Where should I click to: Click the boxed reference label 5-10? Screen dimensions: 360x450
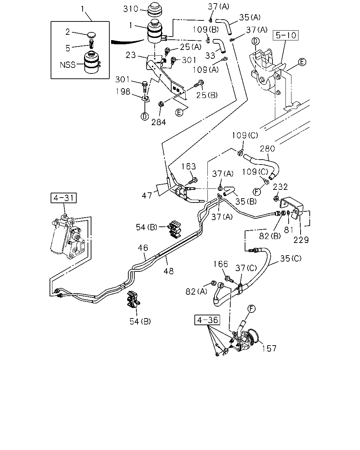(x=285, y=36)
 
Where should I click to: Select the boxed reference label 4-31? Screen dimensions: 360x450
(x=64, y=198)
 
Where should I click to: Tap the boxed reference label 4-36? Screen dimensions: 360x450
(x=207, y=320)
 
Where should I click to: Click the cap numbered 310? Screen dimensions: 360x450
(x=155, y=9)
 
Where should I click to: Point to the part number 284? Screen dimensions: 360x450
(x=159, y=122)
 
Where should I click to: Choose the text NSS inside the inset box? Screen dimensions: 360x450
(x=67, y=65)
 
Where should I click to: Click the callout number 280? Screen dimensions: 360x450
(x=267, y=149)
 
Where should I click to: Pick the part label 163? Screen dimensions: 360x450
(x=188, y=166)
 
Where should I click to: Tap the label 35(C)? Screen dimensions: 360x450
(x=291, y=259)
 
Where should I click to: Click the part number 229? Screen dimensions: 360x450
(x=301, y=240)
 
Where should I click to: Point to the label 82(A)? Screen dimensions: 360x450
(x=196, y=291)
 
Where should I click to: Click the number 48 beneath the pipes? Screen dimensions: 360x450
(x=169, y=271)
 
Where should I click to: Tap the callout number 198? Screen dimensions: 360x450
(x=123, y=92)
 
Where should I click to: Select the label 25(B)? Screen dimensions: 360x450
(x=207, y=95)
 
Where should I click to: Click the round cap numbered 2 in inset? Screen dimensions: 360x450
(x=91, y=35)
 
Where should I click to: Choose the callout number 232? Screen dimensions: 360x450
(x=280, y=187)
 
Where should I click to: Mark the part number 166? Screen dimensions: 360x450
(x=220, y=264)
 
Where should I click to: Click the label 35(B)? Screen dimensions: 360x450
(x=246, y=201)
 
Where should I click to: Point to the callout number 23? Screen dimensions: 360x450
(x=131, y=55)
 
